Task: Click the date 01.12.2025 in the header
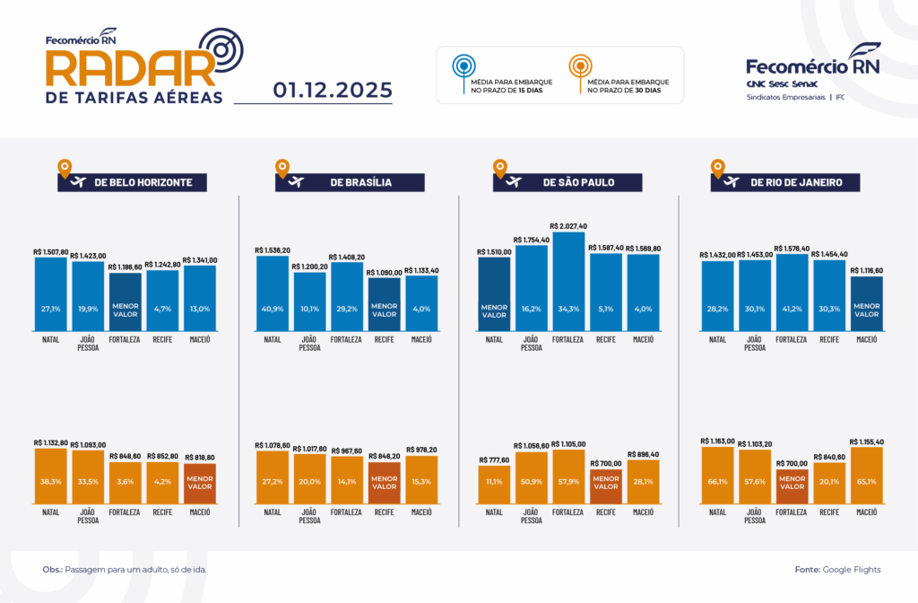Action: coord(333,90)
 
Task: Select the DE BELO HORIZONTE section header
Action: coord(132,182)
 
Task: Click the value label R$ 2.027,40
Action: coord(568,226)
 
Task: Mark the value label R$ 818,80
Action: coord(199,457)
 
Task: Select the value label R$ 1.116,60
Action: coord(866,270)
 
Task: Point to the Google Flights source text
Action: coord(851,570)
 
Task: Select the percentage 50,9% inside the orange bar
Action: coord(531,481)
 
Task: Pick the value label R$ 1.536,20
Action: coord(273,250)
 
